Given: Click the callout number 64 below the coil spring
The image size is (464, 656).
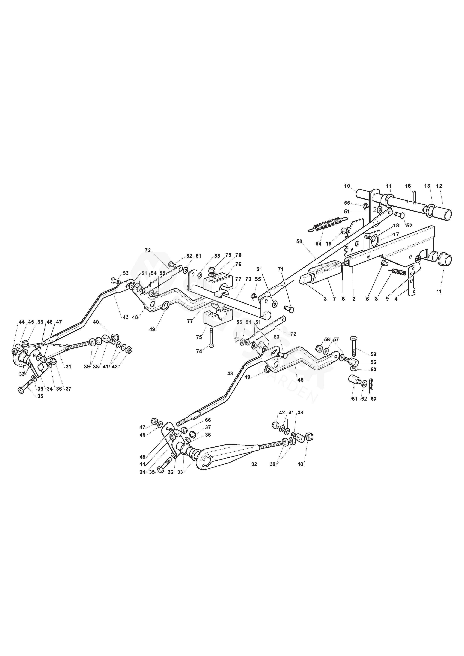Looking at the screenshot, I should click(318, 244).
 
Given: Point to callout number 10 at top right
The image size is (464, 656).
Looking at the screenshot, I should click(347, 186).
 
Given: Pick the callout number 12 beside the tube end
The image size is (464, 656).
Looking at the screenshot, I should click(439, 186).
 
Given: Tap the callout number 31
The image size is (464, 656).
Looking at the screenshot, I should click(68, 367).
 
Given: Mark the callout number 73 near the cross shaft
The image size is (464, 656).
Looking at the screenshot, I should click(248, 279).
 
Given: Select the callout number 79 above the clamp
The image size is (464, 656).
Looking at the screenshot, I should click(228, 255).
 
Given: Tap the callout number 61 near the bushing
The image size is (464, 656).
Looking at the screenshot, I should click(355, 399).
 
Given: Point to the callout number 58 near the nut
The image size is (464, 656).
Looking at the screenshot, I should click(327, 340).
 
